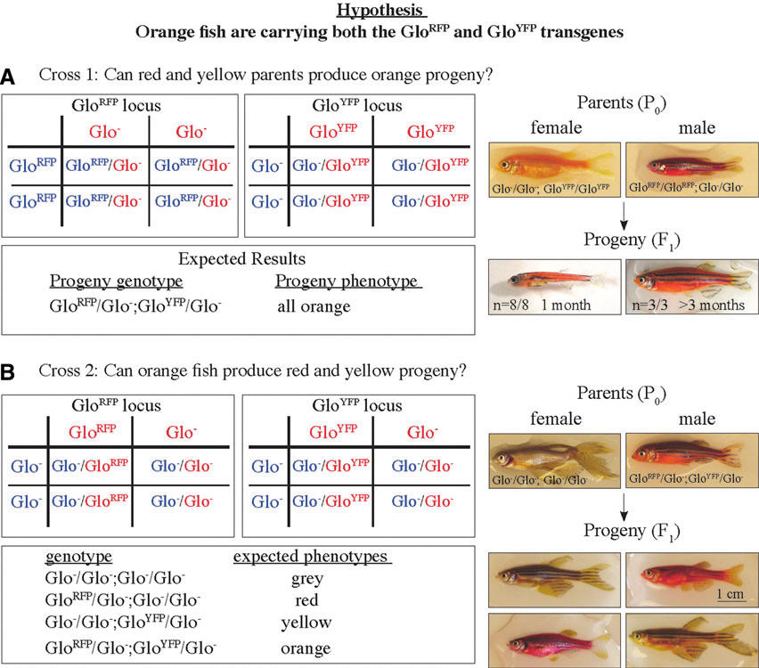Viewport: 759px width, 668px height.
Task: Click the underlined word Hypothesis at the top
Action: pos(378,12)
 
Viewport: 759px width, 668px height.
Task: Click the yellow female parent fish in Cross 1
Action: pos(543,166)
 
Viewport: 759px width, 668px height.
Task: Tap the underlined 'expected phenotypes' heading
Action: pos(312,556)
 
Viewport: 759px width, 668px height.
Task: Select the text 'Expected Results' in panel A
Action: pos(241,259)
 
